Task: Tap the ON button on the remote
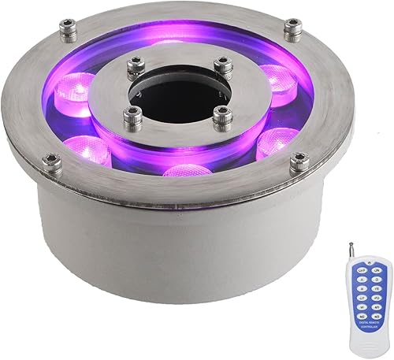coord(376,270)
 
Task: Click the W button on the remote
coord(362,307)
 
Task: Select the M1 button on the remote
coord(376,307)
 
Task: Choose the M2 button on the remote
coord(362,317)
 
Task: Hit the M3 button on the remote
coord(376,317)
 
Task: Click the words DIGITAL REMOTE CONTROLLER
coord(369,325)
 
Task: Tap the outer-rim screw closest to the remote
coord(299,163)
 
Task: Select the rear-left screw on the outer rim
coord(69,32)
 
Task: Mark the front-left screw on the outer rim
coord(53,164)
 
